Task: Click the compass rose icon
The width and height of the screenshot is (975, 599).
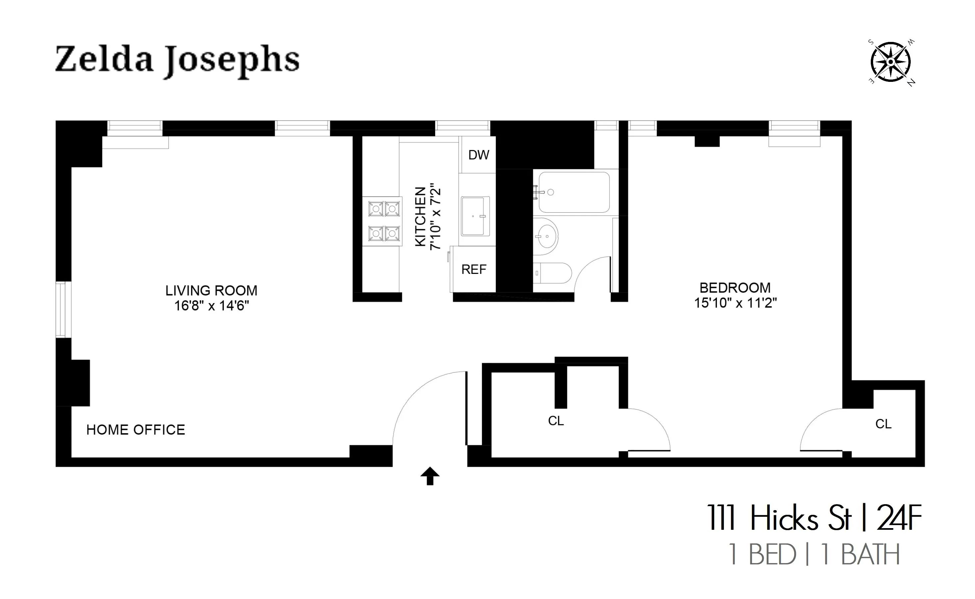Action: [890, 62]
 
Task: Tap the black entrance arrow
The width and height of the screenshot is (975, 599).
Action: [430, 476]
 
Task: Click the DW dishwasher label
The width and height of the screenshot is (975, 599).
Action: [479, 155]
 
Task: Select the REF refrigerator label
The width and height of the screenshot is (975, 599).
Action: [474, 270]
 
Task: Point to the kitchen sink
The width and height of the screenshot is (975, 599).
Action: [475, 216]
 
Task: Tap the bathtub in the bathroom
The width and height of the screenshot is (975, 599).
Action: [573, 192]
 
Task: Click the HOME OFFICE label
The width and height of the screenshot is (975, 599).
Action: [136, 430]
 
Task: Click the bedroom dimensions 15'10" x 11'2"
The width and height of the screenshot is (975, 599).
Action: [735, 303]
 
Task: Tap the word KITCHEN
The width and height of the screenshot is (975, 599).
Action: [421, 217]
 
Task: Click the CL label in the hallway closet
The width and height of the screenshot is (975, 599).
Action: [556, 421]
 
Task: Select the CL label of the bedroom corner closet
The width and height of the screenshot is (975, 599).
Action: [883, 424]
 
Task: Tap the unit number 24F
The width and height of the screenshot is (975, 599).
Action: [899, 518]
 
